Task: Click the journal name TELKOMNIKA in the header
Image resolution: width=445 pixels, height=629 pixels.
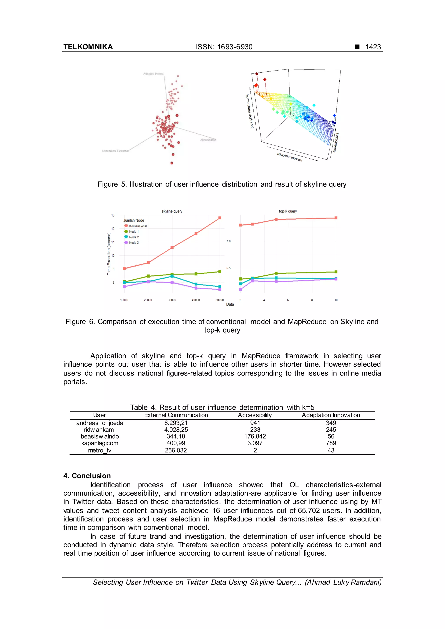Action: pyautogui.click(x=88, y=47)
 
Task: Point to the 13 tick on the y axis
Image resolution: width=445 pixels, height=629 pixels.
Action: pyautogui.click(x=113, y=215)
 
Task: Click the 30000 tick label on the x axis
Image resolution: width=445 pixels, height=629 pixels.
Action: pyautogui.click(x=172, y=300)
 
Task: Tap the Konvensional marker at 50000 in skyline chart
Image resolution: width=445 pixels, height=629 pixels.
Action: pyautogui.click(x=220, y=218)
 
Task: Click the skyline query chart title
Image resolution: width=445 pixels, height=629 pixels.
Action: pyautogui.click(x=172, y=211)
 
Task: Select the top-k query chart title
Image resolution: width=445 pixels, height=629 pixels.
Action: pyautogui.click(x=288, y=211)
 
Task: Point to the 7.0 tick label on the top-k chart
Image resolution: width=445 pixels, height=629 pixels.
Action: pyautogui.click(x=228, y=241)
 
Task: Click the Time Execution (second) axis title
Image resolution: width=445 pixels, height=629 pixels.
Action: pyautogui.click(x=109, y=253)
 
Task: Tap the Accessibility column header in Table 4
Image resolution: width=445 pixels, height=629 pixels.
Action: pyautogui.click(x=255, y=415)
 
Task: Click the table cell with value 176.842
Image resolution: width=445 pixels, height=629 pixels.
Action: pyautogui.click(x=255, y=436)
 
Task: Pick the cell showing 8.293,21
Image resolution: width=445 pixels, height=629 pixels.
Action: pyautogui.click(x=176, y=423)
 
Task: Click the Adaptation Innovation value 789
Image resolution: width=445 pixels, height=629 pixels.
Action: pyautogui.click(x=331, y=443)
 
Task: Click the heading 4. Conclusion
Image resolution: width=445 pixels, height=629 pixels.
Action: pyautogui.click(x=87, y=476)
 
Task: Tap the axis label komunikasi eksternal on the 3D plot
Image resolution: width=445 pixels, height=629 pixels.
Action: pyautogui.click(x=249, y=111)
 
